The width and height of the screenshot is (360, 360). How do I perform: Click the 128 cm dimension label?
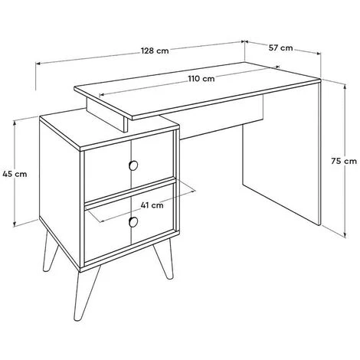155,51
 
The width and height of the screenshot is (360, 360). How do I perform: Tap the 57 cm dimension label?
280,47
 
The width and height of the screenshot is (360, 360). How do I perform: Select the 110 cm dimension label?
201,78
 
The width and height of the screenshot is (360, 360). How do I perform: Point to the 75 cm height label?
344,161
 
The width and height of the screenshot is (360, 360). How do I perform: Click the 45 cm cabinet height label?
15,174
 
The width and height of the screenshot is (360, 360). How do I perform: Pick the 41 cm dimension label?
152,205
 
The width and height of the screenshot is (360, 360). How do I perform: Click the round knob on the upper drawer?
133,165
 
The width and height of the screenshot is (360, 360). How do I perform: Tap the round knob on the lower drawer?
133,222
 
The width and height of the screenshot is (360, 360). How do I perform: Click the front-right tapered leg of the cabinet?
163,260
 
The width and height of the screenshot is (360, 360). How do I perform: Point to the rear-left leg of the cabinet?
50,250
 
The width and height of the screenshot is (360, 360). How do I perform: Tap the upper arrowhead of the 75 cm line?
345,87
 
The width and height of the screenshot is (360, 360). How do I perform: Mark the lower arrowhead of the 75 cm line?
345,234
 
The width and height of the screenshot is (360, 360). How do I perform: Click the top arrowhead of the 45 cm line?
15,123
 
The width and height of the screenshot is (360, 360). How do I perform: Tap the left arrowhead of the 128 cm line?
38,64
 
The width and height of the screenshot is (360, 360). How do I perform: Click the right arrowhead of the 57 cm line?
318,54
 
